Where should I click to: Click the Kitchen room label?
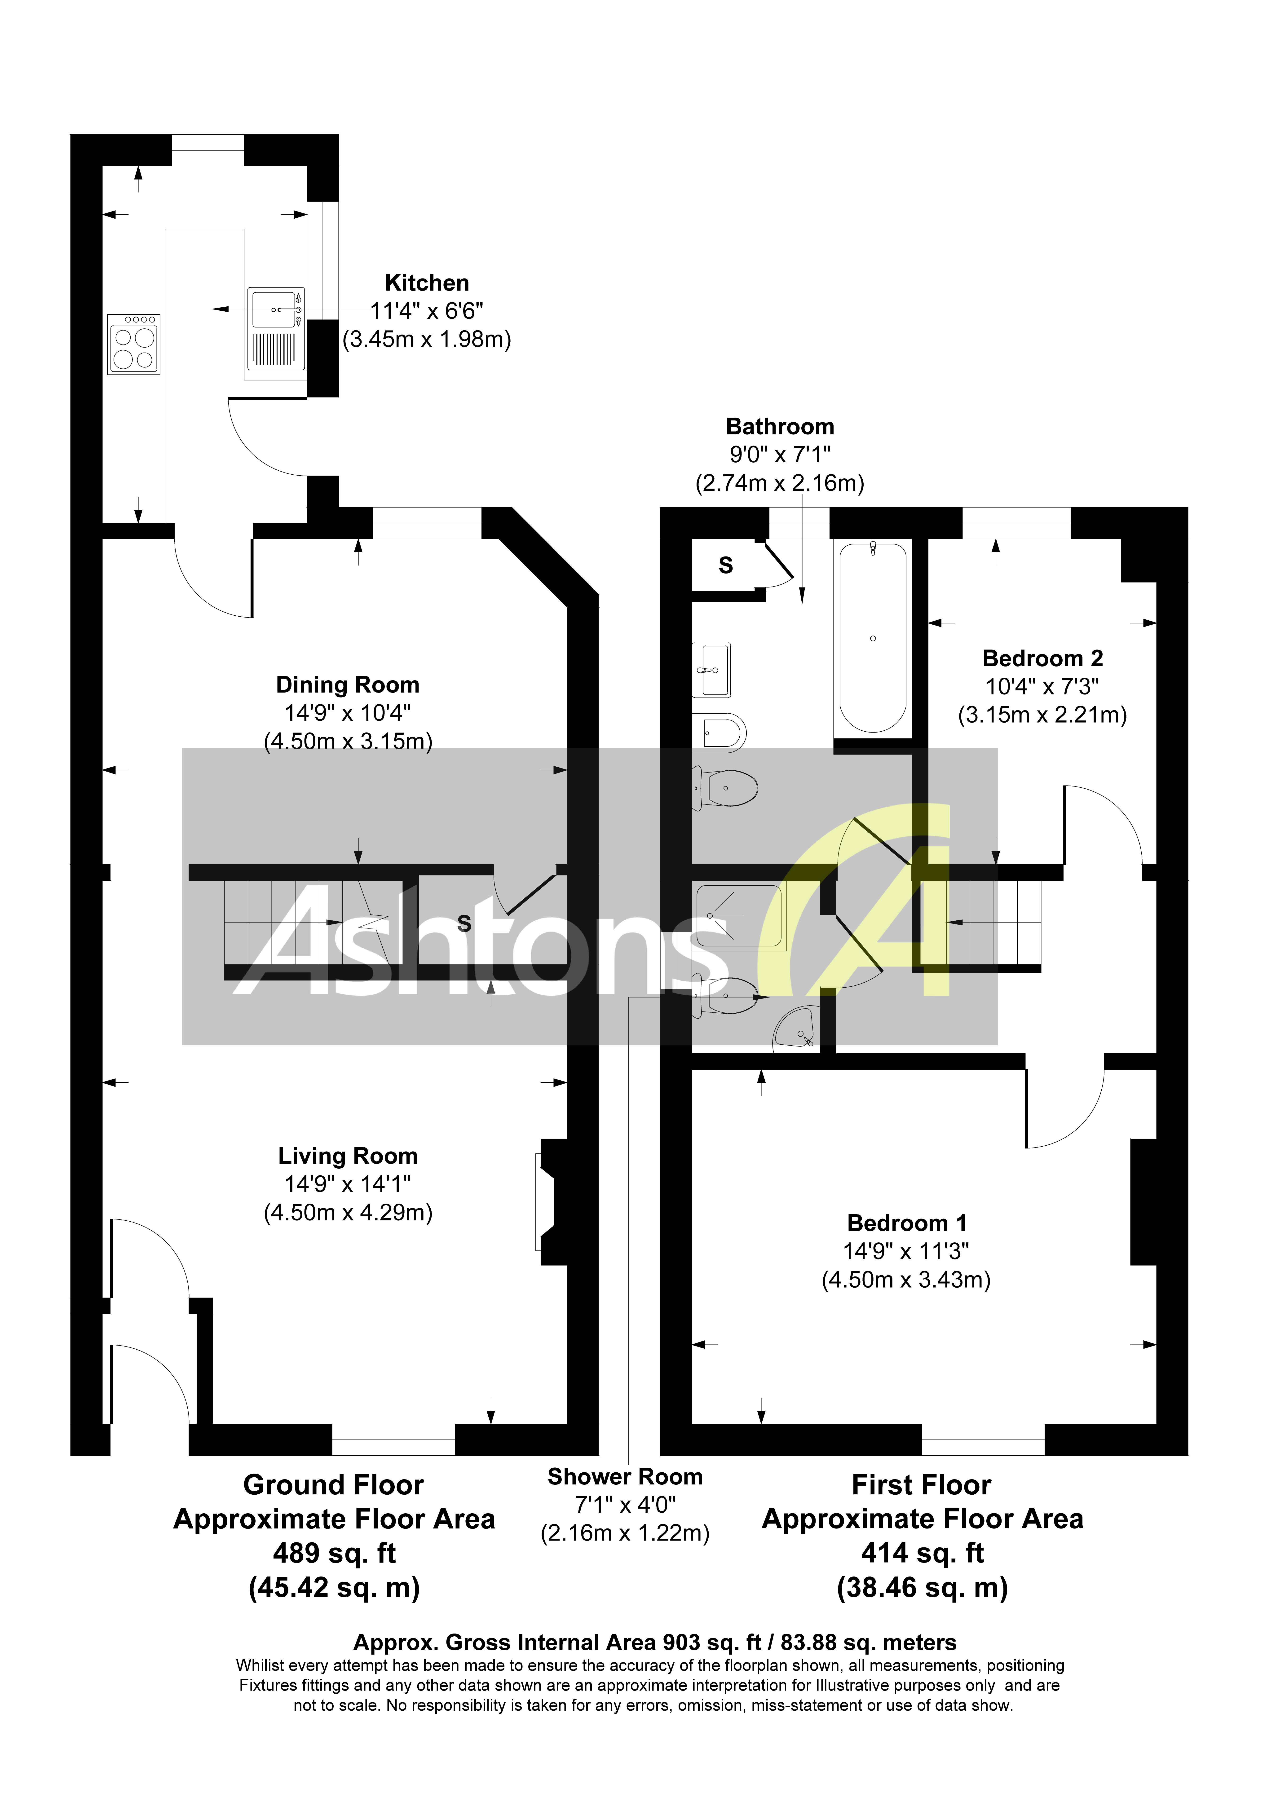427,283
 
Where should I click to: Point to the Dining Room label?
348,685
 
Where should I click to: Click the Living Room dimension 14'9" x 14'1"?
348,1184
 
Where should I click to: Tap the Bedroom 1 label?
906,1223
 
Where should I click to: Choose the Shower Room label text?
625,1477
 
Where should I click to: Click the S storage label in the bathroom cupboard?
726,565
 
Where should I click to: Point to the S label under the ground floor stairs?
464,924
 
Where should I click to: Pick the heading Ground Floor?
334,1484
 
